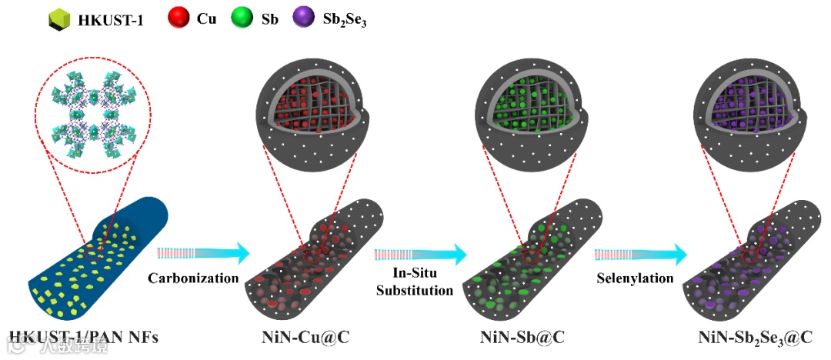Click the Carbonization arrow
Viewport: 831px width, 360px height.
pos(204,252)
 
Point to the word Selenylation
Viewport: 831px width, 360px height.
pos(636,278)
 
